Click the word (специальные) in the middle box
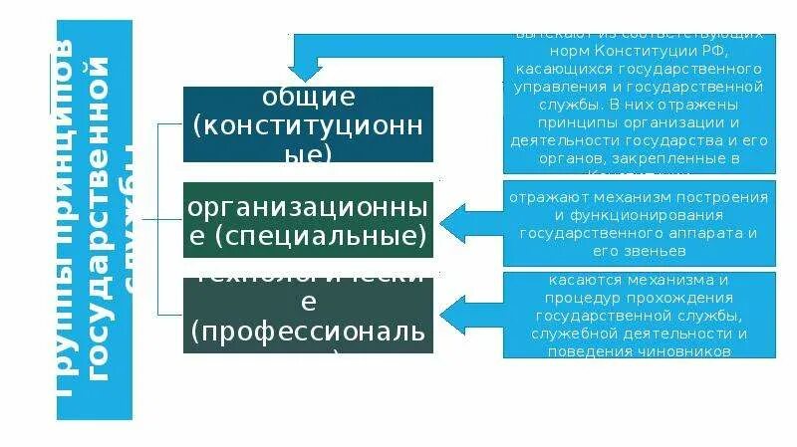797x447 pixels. pyautogui.click(x=308, y=238)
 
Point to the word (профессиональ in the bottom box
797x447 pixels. pyautogui.click(x=308, y=330)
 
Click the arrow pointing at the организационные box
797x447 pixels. pyautogui.click(x=468, y=221)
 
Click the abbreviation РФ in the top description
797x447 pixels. pyautogui.click(x=711, y=51)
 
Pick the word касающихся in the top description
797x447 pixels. pyautogui.click(x=563, y=69)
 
